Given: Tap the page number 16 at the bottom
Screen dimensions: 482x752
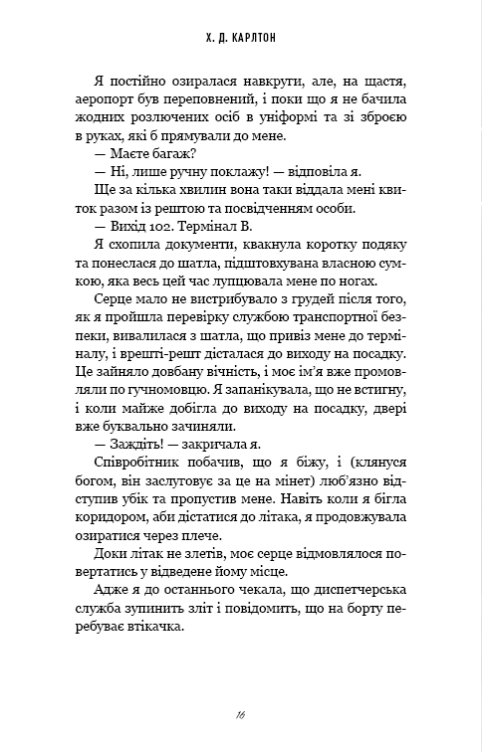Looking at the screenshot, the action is coord(241,713).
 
